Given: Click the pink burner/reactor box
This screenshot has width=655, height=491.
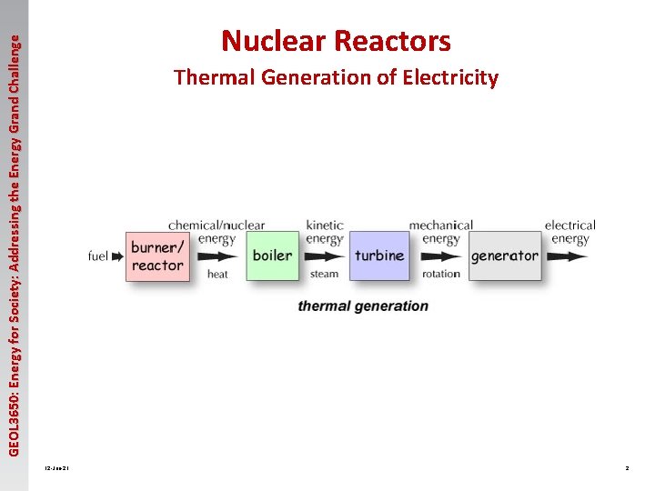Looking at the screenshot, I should [157, 256].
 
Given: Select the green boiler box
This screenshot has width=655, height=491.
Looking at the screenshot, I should [272, 256].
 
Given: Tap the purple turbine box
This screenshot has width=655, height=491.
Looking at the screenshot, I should [379, 256].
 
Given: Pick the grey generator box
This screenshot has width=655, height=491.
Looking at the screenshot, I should [504, 256].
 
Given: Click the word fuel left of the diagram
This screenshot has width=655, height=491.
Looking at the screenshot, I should [98, 256].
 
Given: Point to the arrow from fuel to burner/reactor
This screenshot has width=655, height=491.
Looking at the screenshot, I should [117, 256].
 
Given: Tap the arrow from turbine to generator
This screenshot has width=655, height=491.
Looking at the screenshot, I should [441, 256].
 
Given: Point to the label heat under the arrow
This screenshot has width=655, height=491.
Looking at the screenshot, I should [218, 274].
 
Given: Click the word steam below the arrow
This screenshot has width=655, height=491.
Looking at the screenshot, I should [324, 274].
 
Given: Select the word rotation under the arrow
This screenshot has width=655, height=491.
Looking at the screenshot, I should [441, 274].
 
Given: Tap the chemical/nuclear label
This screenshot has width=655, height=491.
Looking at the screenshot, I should [217, 225].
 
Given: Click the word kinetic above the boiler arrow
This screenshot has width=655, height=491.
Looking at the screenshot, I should [325, 225].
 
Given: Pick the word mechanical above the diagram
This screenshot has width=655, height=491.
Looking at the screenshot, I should [441, 225].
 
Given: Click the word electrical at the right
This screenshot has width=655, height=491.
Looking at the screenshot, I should [570, 225].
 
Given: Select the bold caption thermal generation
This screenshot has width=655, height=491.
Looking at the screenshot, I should [363, 306].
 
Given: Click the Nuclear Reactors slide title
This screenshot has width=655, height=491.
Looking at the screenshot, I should [336, 41].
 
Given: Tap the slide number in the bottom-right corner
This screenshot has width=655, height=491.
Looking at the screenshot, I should [627, 468].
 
